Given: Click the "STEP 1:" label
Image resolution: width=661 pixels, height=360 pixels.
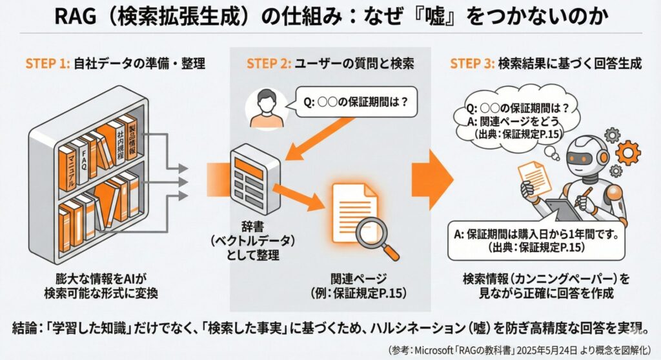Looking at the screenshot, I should [x=47, y=63].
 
